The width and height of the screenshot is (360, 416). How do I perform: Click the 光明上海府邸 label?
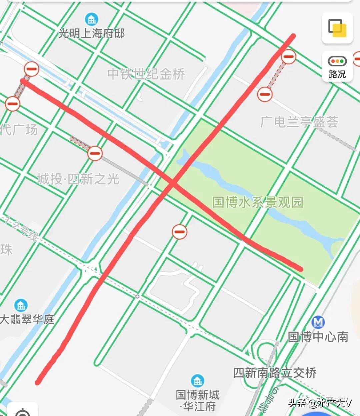pos(92,33)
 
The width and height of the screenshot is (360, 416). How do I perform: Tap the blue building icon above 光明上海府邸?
pos(91,19)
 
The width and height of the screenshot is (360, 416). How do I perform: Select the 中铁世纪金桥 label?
pos(146,74)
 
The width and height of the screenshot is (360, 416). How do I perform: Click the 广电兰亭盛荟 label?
pos(299,122)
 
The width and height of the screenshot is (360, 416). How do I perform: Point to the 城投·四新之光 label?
pos(78,179)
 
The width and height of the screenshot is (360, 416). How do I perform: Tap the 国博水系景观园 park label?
pos(258,202)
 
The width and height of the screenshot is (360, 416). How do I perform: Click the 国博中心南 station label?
pos(318,337)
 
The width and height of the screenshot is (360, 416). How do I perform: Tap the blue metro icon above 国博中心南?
pos(318,322)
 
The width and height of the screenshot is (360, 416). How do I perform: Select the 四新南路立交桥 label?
pos(275,373)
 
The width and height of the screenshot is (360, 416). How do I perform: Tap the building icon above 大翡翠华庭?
pos(21,305)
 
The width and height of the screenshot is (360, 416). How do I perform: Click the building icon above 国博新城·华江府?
pos(198,381)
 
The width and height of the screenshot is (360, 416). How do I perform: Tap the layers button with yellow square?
pos(337,28)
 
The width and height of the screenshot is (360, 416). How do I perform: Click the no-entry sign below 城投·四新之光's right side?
pos(179,232)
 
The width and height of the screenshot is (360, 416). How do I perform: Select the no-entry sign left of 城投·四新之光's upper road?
pos(95,153)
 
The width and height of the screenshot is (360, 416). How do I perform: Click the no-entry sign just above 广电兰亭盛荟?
pos(265,94)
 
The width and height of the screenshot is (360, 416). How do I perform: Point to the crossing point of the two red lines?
pos(173,183)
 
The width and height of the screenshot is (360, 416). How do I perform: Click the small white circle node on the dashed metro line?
pos(137,296)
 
